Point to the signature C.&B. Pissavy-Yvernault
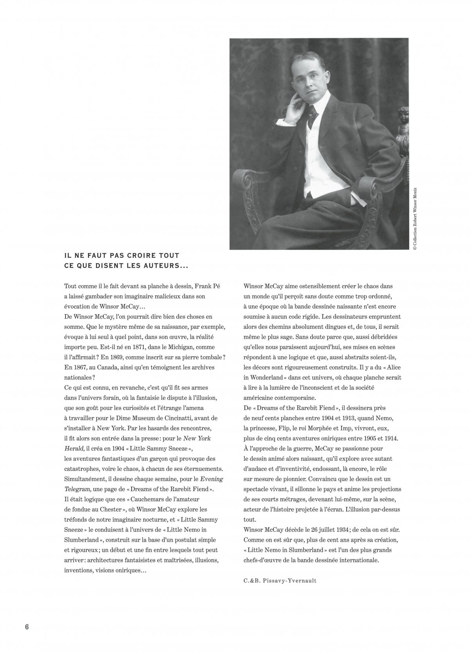click(279, 581)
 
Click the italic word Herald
click(73, 448)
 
